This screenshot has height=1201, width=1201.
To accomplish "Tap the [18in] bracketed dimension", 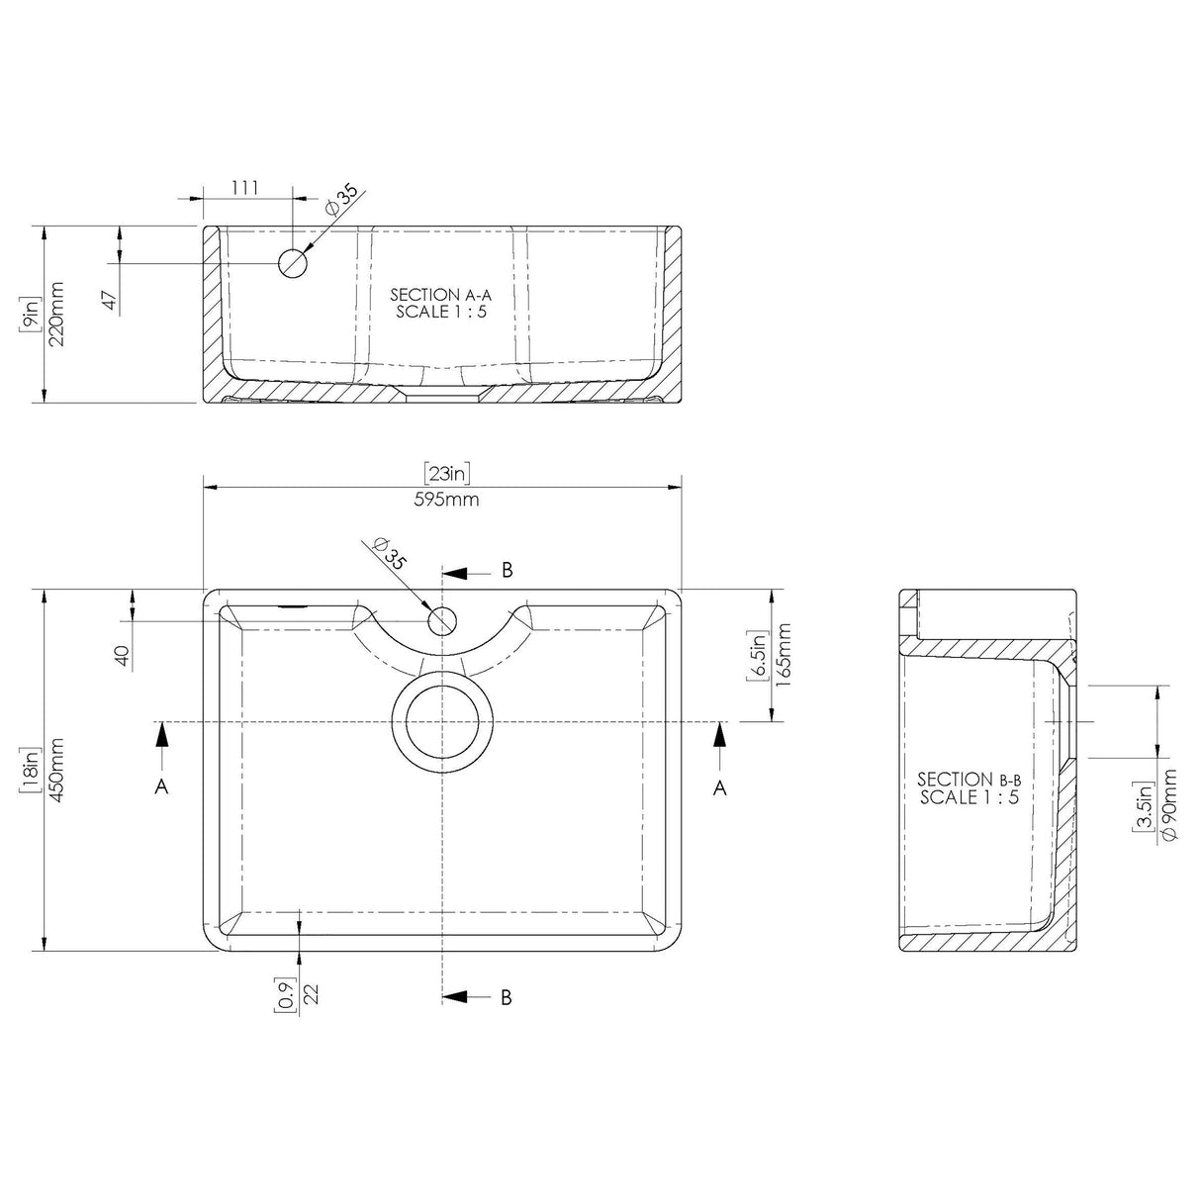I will [x=31, y=771].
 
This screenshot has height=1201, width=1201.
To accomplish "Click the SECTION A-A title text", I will [x=440, y=295].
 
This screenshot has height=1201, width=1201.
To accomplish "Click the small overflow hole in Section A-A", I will [x=293, y=263].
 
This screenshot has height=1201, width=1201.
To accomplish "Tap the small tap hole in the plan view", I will [x=442, y=621].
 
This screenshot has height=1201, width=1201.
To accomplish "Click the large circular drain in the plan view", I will [x=442, y=720].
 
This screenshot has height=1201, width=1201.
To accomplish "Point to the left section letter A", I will [x=162, y=786].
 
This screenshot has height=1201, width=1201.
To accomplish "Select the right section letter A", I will [x=720, y=786].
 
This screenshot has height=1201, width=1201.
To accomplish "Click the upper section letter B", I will [x=507, y=570].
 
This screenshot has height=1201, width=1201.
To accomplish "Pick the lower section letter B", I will [x=507, y=997].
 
